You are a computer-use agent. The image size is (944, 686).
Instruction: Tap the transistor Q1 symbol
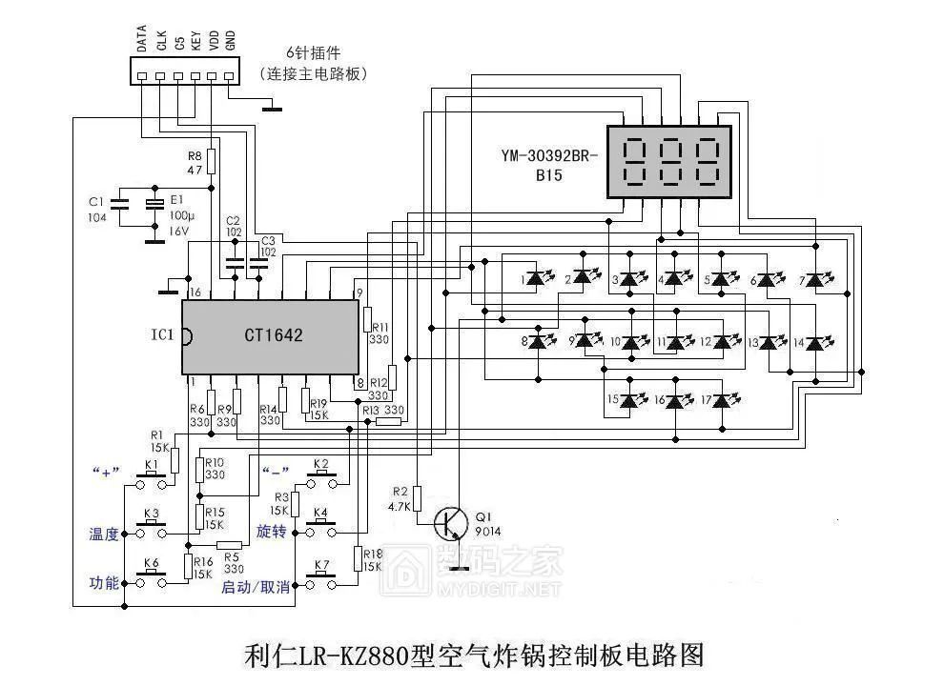(x=450, y=523)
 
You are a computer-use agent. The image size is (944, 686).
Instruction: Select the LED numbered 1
(x=537, y=279)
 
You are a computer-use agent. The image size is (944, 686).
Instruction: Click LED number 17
(x=722, y=400)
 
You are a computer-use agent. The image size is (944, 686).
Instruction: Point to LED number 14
(x=815, y=342)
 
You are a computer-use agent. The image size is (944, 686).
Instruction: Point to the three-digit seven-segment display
(x=670, y=162)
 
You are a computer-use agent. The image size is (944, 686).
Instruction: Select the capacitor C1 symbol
(x=119, y=203)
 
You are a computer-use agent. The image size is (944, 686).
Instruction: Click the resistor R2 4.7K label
(x=400, y=499)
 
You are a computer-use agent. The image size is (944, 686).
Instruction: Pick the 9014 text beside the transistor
(x=486, y=531)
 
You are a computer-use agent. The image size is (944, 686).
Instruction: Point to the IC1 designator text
(x=162, y=335)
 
